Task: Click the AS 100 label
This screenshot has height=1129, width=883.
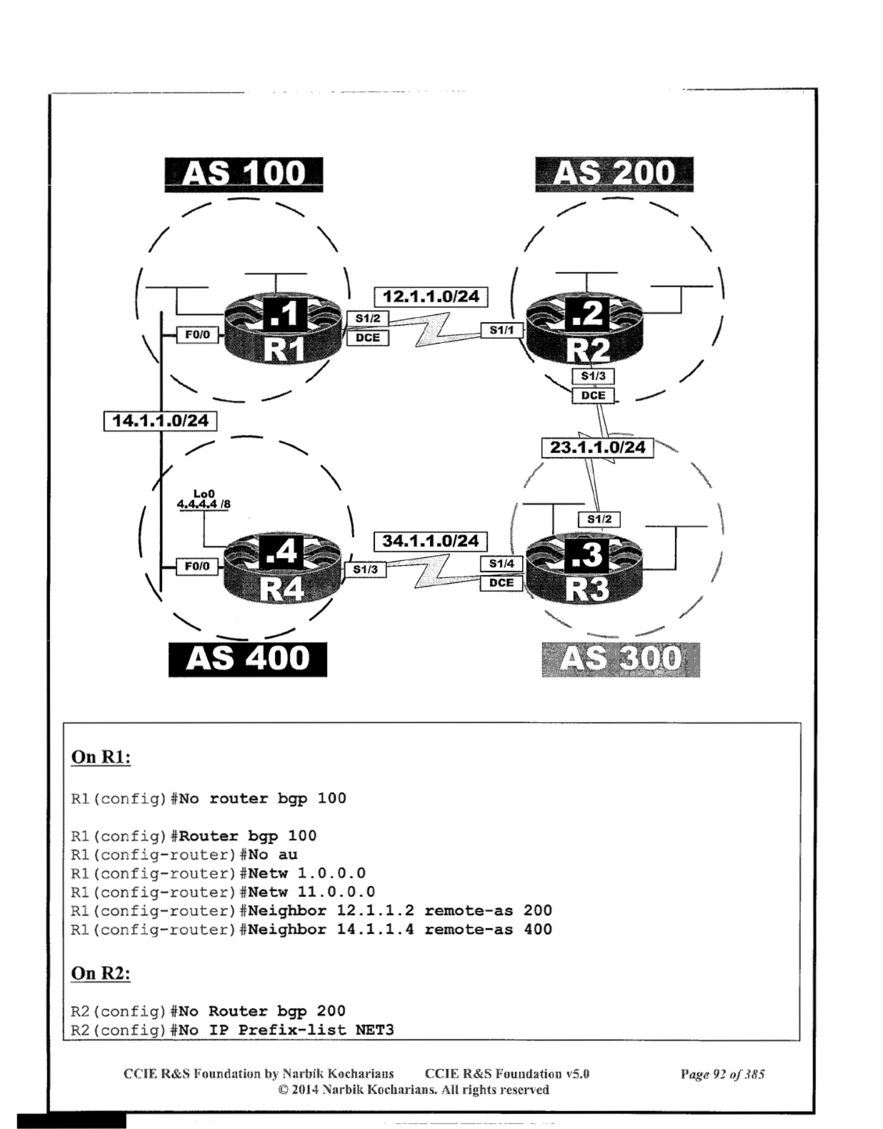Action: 244,174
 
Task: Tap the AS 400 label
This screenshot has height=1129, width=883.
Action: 247,659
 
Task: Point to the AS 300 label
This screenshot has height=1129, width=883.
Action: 620,659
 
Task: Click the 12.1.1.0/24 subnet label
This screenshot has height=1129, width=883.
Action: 430,297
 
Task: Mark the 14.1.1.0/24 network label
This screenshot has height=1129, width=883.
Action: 160,421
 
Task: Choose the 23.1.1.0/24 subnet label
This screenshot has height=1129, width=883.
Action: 597,447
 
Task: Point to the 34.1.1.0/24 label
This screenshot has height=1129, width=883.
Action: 430,541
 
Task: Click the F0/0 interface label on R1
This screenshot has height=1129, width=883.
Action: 197,335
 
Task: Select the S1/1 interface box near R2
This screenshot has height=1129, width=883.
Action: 501,329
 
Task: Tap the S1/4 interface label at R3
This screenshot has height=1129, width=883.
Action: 501,563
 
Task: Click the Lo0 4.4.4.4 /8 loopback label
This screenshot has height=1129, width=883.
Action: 204,499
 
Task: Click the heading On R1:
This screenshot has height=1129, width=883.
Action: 101,757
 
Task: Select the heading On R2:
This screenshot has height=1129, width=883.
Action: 101,973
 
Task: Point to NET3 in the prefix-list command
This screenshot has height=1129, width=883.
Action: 375,1030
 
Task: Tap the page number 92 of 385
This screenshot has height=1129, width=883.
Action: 722,1074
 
